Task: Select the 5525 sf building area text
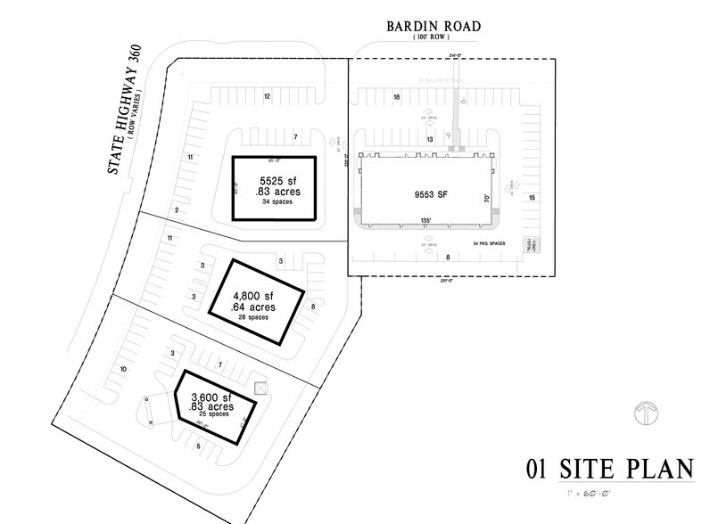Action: (272, 178)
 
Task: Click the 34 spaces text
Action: (272, 201)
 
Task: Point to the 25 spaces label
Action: (214, 415)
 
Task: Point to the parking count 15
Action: (532, 197)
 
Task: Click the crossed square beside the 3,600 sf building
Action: (260, 388)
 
